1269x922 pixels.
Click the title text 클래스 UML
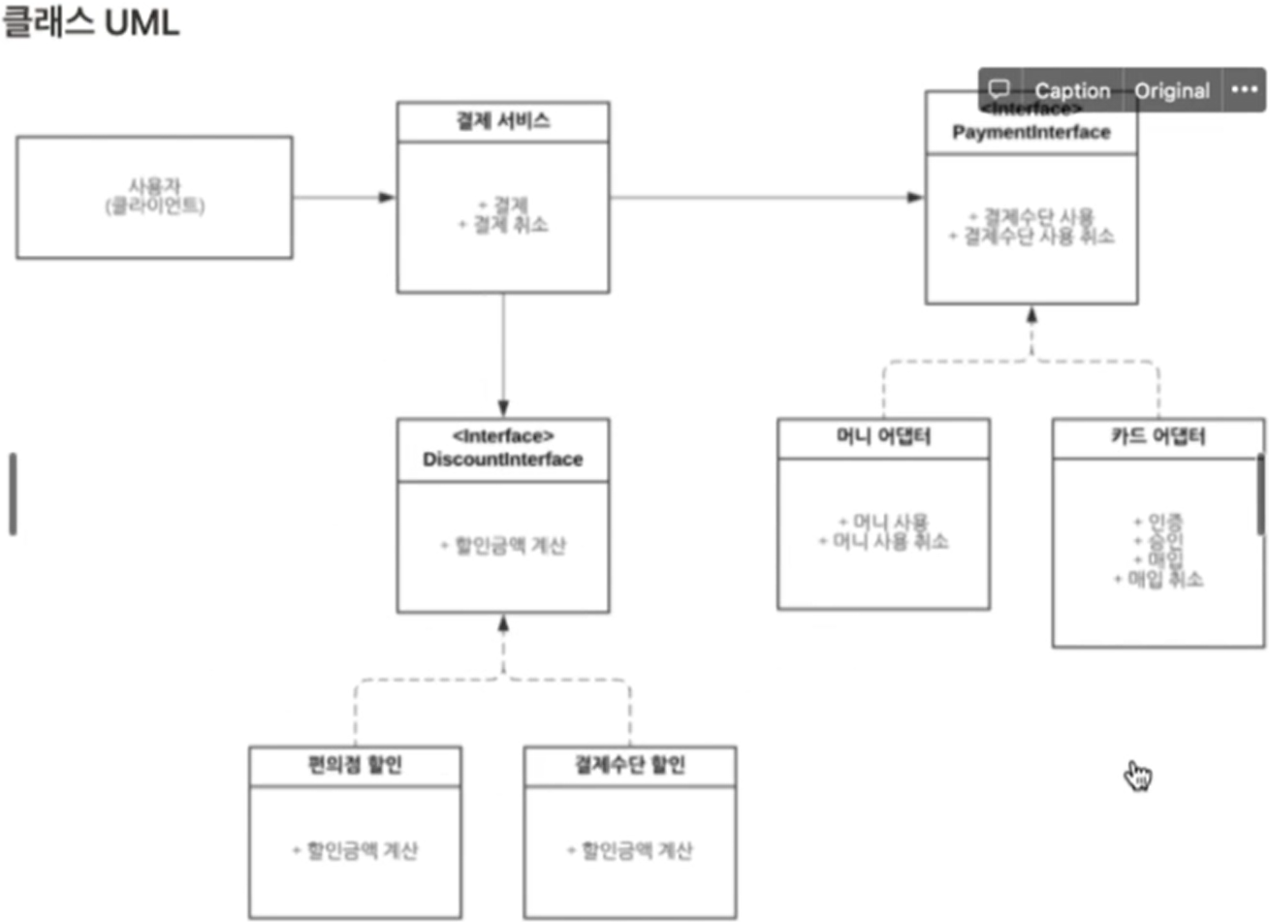click(90, 21)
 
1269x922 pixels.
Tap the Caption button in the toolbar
click(1071, 90)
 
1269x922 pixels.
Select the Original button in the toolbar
click(1171, 90)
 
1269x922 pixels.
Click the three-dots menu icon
click(1244, 89)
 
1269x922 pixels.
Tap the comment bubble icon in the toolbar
click(999, 89)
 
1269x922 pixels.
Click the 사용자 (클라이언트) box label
click(155, 196)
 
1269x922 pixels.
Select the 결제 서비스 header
click(503, 121)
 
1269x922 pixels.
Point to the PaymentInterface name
click(1031, 132)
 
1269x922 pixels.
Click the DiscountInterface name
click(502, 460)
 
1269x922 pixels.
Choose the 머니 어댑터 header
click(883, 437)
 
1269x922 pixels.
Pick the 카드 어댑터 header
click(1158, 437)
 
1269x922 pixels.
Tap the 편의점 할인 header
click(355, 766)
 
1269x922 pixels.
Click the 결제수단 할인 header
click(630, 766)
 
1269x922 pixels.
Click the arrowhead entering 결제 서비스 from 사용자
click(388, 198)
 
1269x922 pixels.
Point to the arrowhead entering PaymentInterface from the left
click(916, 198)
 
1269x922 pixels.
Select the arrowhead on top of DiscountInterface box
click(503, 408)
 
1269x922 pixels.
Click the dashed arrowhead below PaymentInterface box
click(1031, 315)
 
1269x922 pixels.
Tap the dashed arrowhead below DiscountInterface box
click(503, 623)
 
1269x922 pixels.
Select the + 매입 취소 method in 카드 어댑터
click(1159, 580)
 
